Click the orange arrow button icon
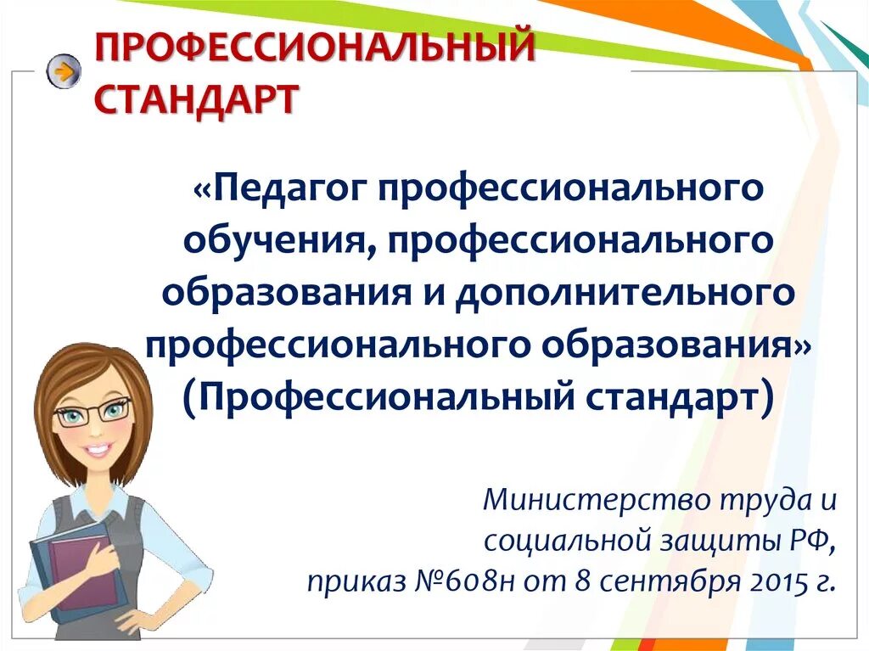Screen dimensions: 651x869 coord(63,70)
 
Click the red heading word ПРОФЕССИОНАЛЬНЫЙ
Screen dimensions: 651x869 coord(314,48)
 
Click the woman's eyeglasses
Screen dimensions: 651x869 coord(93,413)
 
